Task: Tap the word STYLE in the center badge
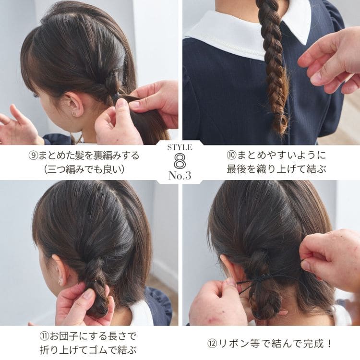click(180, 147)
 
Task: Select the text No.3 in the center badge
click(180, 176)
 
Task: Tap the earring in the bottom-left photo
click(60, 281)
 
